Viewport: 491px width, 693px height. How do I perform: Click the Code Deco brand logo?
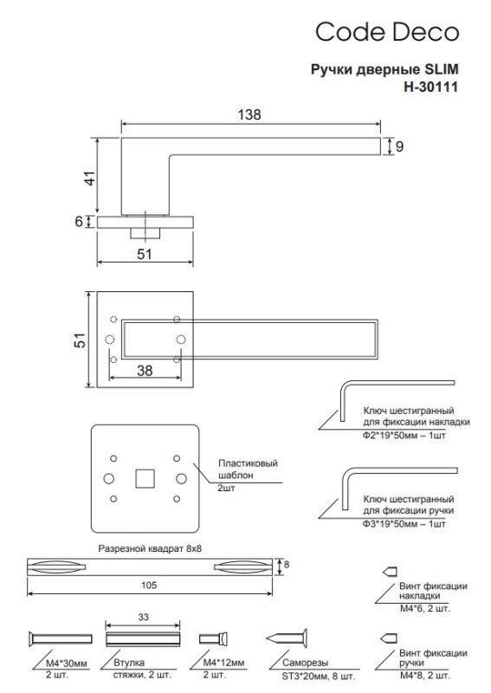387,32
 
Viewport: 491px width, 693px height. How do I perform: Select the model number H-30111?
430,87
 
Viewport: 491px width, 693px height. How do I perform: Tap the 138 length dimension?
249,114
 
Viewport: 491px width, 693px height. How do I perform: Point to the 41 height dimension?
90,178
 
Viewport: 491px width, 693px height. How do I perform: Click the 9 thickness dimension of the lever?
399,146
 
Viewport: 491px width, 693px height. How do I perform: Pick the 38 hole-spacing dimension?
145,371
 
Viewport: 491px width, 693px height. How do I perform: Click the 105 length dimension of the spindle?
149,586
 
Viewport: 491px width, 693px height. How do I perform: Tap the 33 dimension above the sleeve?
143,617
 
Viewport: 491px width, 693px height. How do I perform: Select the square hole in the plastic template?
145,479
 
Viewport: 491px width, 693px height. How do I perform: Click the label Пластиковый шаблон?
248,470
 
